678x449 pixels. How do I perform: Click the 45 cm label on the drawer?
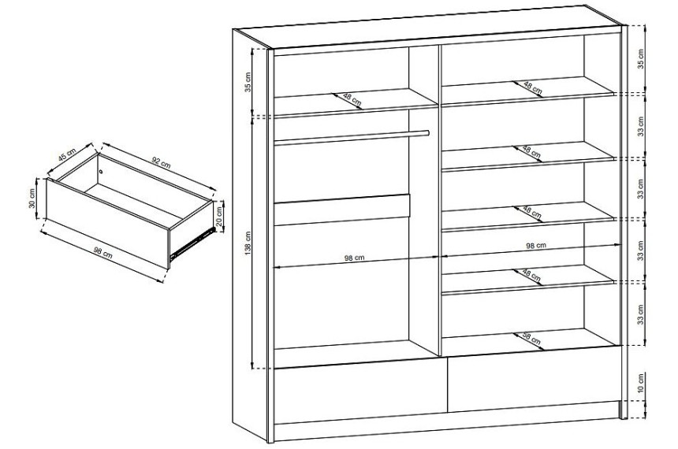[69, 154]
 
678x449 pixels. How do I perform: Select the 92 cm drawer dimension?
[162, 162]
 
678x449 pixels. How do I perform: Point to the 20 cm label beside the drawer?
[219, 215]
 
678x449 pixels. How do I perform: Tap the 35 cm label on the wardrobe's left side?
[248, 82]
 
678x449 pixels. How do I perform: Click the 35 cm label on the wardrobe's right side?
[641, 58]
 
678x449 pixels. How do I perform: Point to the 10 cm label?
[641, 383]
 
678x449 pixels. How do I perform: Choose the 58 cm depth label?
[531, 337]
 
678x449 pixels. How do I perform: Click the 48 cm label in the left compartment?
[352, 100]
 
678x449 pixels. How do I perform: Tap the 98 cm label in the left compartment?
[354, 258]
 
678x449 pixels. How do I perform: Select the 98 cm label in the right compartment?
[536, 246]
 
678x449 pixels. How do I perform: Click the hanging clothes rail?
[351, 137]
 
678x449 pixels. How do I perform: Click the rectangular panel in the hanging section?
[341, 210]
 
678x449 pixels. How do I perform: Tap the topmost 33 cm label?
[641, 126]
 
